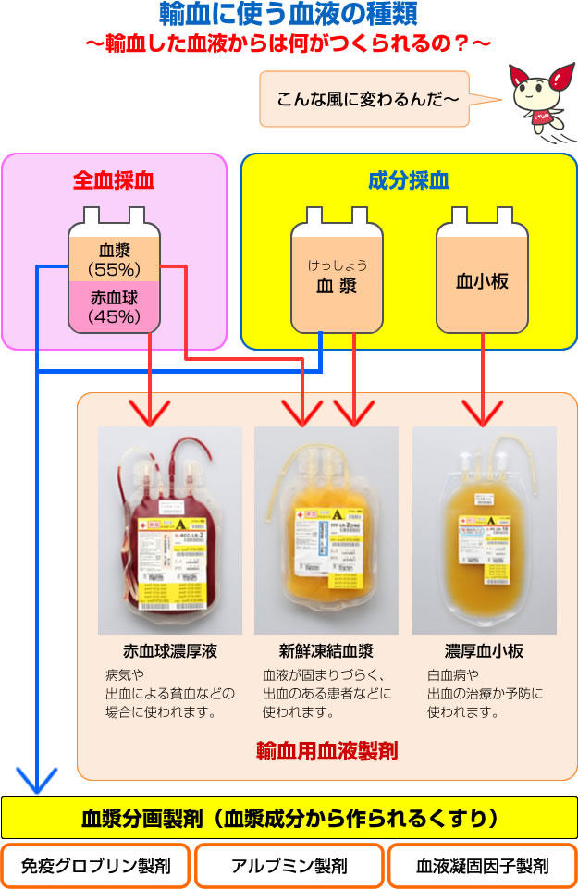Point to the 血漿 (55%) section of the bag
tap(114, 259)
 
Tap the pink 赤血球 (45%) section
tap(114, 307)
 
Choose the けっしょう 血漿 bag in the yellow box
tap(337, 278)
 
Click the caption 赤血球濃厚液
tap(169, 651)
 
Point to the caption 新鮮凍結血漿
tap(326, 651)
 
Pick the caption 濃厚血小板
tap(484, 651)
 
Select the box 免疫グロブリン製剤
tap(96, 867)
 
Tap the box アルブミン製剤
tap(289, 867)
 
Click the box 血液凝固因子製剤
tap(482, 867)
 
